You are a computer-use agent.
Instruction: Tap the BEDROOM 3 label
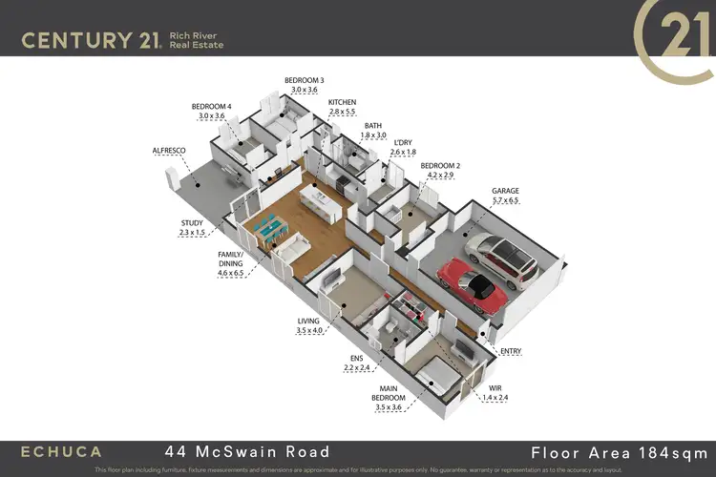(304, 80)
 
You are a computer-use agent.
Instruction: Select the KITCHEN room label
(342, 102)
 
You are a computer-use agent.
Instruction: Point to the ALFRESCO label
(169, 151)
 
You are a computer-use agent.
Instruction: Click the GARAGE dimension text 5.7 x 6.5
(505, 200)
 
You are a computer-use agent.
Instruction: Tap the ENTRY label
(511, 352)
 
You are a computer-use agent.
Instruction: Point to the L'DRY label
(403, 141)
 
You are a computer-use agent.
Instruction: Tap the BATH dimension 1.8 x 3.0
(373, 135)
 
